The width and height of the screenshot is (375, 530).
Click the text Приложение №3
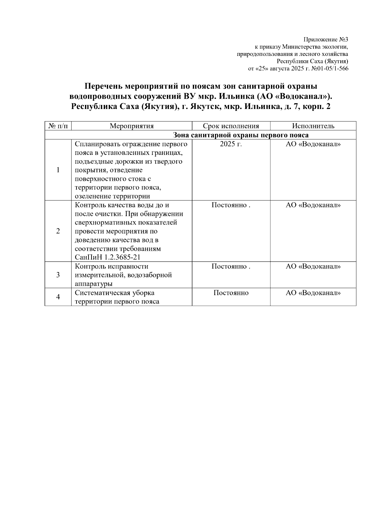pyautogui.click(x=326, y=40)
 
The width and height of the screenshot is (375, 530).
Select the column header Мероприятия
pyautogui.click(x=132, y=126)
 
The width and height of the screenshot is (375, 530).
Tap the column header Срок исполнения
pyautogui.click(x=231, y=126)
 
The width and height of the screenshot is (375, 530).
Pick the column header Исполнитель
pyautogui.click(x=313, y=126)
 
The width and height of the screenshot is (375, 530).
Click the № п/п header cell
pyautogui.click(x=58, y=126)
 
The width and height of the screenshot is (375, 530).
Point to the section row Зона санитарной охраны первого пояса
pyautogui.click(x=241, y=135)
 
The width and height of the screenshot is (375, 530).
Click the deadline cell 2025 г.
pyautogui.click(x=231, y=144)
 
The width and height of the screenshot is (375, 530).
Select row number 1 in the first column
pyautogui.click(x=58, y=170)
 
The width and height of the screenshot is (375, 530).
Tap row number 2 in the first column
pyautogui.click(x=58, y=231)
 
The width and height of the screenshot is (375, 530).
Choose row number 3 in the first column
pyautogui.click(x=58, y=275)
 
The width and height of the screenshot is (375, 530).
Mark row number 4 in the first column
pyautogui.click(x=58, y=297)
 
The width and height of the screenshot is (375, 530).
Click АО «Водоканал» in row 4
pyautogui.click(x=313, y=293)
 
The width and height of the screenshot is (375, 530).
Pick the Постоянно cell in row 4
pyautogui.click(x=231, y=293)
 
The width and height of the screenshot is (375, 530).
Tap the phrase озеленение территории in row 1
pyautogui.click(x=112, y=196)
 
